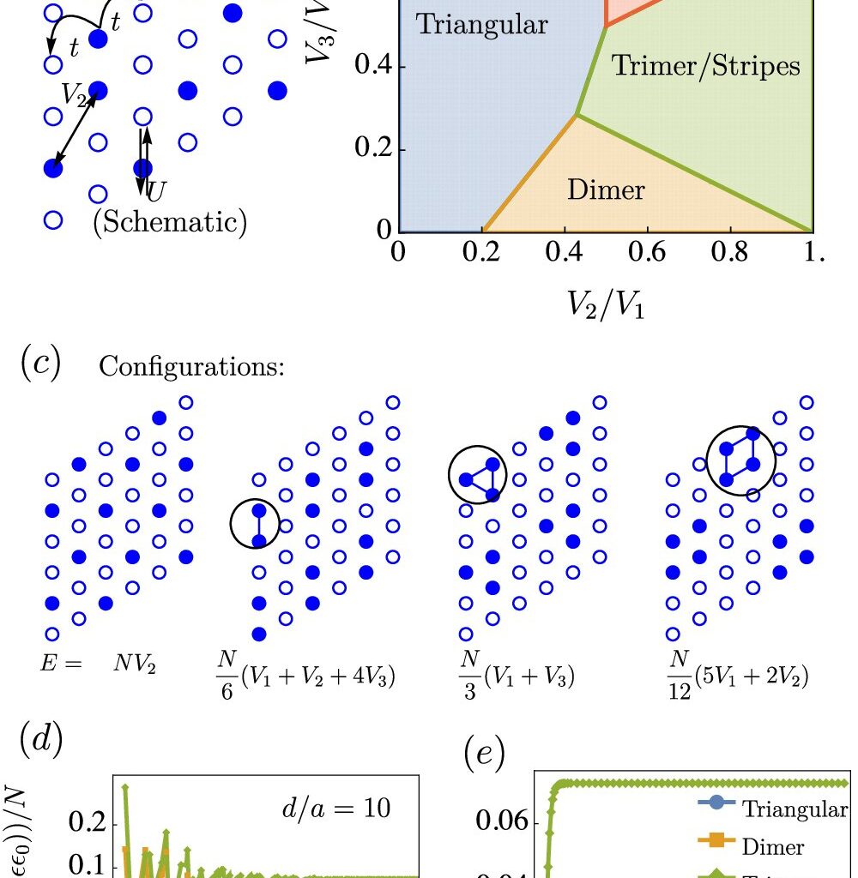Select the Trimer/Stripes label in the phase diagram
pyautogui.click(x=705, y=66)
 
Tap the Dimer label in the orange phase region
pyautogui.click(x=606, y=189)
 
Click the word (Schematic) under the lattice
pyautogui.click(x=170, y=222)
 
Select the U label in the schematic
pyautogui.click(x=156, y=191)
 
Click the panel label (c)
pyautogui.click(x=41, y=364)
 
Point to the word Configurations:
pyautogui.click(x=191, y=366)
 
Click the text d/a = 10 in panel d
pyautogui.click(x=348, y=807)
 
